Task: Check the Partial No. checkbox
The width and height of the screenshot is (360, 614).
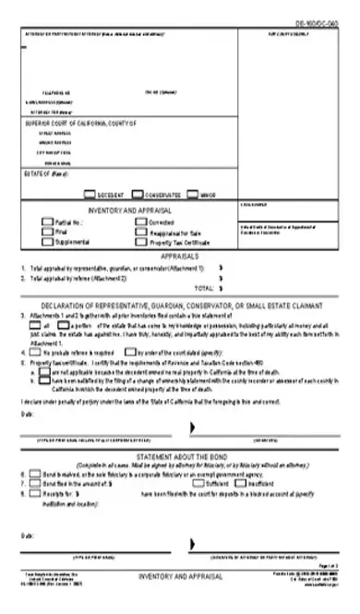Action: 48,223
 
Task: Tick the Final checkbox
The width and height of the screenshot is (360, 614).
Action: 48,232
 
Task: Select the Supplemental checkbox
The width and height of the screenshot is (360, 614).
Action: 48,241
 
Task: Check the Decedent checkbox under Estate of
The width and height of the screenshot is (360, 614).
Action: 90,195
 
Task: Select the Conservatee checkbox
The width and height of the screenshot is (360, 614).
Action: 138,195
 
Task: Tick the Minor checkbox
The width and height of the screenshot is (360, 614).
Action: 193,195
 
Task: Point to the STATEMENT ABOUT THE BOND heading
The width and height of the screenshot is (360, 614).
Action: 179,457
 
